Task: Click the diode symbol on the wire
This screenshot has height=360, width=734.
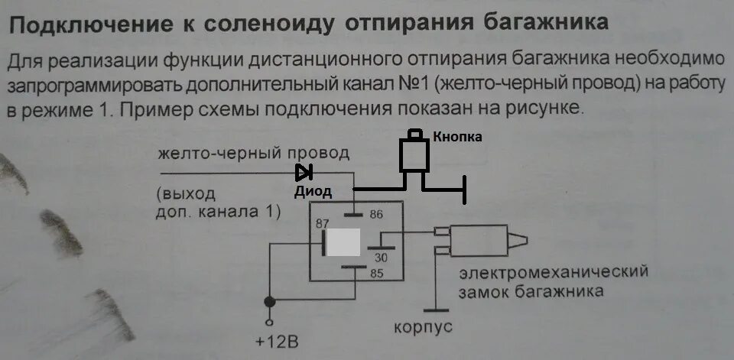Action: [x=304, y=173]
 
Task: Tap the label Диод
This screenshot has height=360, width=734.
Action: [x=313, y=193]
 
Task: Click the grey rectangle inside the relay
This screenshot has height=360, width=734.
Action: [x=343, y=243]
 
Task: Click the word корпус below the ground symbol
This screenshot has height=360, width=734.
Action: [x=423, y=328]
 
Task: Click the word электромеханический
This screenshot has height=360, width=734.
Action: [x=554, y=273]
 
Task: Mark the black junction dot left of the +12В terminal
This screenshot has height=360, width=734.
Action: [x=268, y=301]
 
